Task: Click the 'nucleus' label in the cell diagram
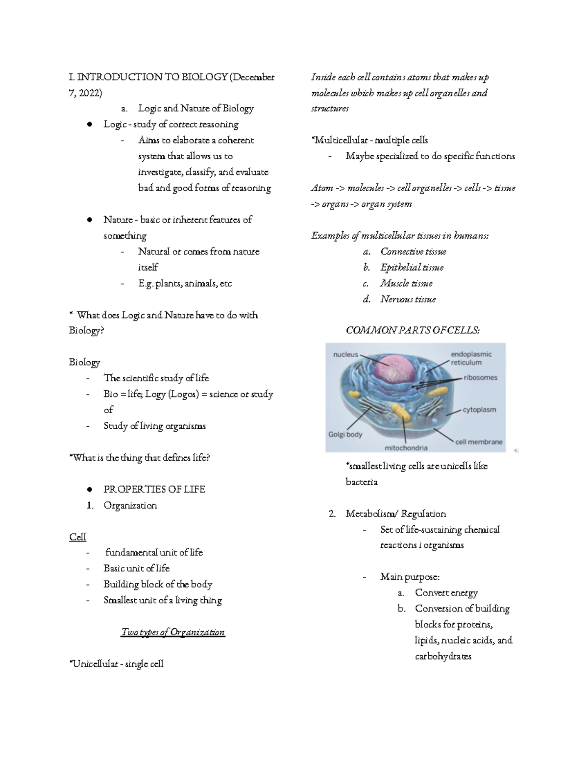click(x=345, y=354)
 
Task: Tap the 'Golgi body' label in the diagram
click(x=345, y=434)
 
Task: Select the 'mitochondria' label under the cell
click(x=406, y=447)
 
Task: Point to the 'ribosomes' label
click(x=480, y=378)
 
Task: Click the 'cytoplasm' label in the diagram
click(x=479, y=410)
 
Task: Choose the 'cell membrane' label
click(x=479, y=442)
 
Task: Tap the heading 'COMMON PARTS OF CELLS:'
click(x=413, y=330)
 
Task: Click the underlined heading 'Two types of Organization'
click(x=173, y=632)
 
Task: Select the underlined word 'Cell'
click(x=77, y=537)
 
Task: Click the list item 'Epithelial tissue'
click(x=412, y=268)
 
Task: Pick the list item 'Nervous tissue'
click(x=408, y=299)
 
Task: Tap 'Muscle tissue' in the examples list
click(x=406, y=283)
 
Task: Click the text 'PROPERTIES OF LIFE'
click(x=154, y=490)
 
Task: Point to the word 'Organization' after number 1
click(x=130, y=505)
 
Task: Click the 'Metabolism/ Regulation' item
click(x=395, y=514)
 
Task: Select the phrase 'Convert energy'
click(x=446, y=593)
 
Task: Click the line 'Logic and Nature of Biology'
click(x=196, y=108)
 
